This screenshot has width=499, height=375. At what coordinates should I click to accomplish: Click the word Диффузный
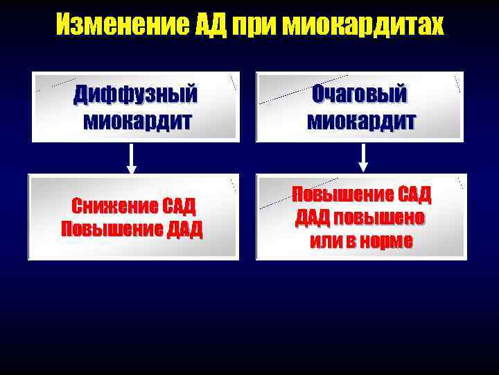(x=135, y=93)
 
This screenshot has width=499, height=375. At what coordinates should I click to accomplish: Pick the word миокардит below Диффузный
(x=135, y=121)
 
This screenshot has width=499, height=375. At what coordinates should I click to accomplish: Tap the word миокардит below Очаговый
(x=361, y=121)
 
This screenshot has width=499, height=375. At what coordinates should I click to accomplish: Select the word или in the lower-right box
(x=323, y=241)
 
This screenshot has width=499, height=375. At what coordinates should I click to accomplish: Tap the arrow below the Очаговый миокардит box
(x=362, y=158)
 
